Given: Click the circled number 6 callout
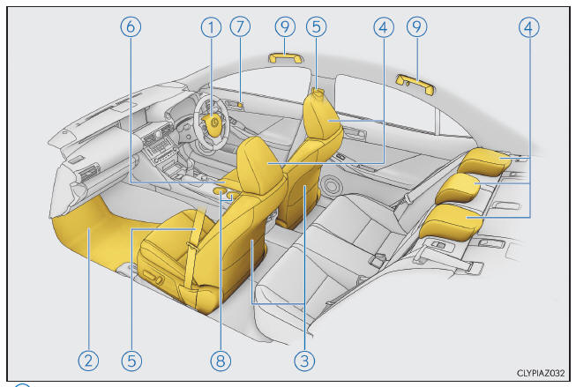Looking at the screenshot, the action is pos(131,26).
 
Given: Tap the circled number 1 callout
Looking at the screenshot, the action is pos(211,27).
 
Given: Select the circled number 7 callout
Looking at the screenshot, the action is pos(240,26).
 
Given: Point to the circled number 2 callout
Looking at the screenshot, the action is pos(88,361).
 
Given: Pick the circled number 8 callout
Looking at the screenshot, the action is pos(221,361).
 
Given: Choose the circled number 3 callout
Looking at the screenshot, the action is pos(304,361).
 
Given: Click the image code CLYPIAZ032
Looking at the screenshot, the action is pos(541,373).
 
